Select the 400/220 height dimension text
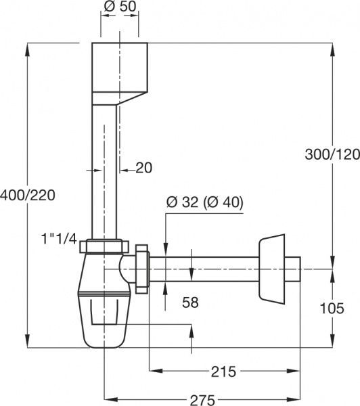pos(27,195)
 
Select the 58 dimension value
pos(190,302)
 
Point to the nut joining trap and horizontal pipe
pos(141,269)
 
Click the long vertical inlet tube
pos(105,169)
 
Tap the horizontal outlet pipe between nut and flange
pos(203,269)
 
